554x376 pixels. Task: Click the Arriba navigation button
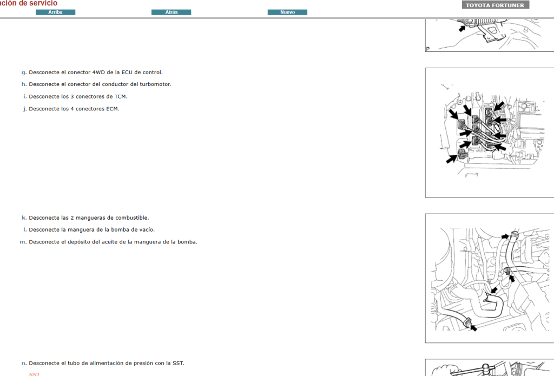(x=55, y=12)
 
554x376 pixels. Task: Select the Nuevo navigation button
(x=287, y=12)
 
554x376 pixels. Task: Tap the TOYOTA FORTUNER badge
(x=495, y=5)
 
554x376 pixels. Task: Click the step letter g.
(x=24, y=72)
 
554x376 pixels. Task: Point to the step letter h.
(x=24, y=84)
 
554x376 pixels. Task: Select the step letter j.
(x=24, y=109)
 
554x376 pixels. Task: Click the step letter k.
(x=24, y=217)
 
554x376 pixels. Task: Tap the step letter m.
(x=23, y=242)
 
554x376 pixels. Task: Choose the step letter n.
(x=24, y=363)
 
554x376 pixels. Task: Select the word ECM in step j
(x=112, y=109)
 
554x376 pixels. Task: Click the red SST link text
(x=34, y=374)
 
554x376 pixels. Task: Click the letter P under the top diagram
(x=428, y=49)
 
